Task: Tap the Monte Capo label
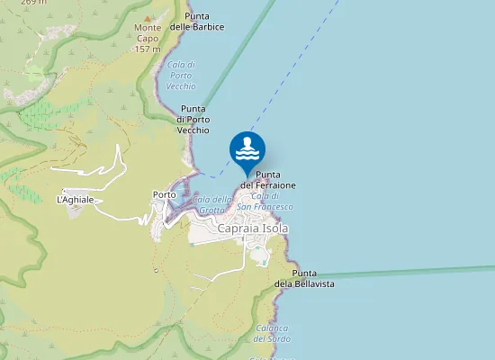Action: (148, 32)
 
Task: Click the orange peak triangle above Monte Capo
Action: (148, 17)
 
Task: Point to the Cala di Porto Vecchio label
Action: (181, 75)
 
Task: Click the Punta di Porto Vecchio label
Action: (193, 120)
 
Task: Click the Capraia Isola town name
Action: (253, 229)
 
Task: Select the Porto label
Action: (165, 194)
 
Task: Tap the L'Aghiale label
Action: (75, 199)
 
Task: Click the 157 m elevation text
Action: (148, 49)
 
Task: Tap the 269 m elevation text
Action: (33, 3)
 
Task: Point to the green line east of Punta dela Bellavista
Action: (405, 272)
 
